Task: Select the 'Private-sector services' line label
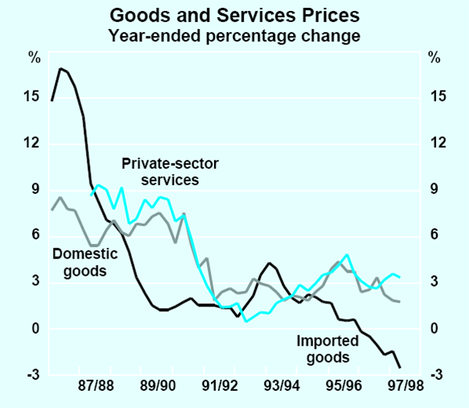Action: (x=161, y=172)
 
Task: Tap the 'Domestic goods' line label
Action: (x=84, y=263)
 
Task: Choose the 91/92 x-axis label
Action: (x=220, y=387)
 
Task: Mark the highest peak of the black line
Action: (x=60, y=69)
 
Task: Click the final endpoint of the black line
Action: (x=401, y=367)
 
